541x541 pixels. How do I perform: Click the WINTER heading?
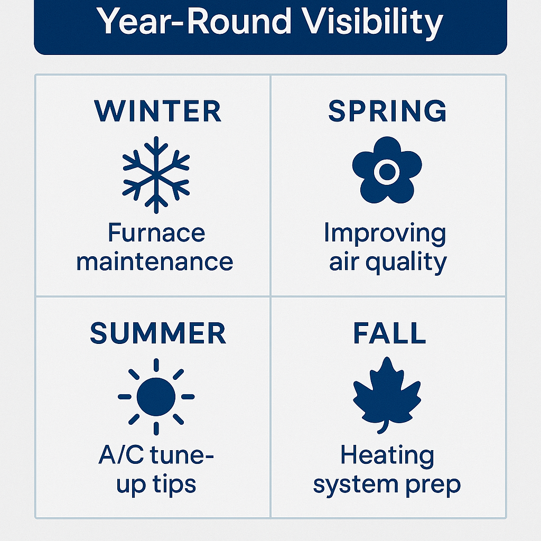[157, 111]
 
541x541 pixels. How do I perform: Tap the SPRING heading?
[387, 111]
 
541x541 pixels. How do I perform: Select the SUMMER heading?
[157, 333]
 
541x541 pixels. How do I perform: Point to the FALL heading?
[389, 333]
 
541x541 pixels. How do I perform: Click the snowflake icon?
[156, 175]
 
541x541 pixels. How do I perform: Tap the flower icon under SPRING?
[387, 170]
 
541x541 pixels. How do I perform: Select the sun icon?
[156, 397]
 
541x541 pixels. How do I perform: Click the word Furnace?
[156, 232]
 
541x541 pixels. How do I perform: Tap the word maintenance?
[155, 262]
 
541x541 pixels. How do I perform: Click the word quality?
[406, 263]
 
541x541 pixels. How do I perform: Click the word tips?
[174, 485]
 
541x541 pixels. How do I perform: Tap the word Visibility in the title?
[372, 23]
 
